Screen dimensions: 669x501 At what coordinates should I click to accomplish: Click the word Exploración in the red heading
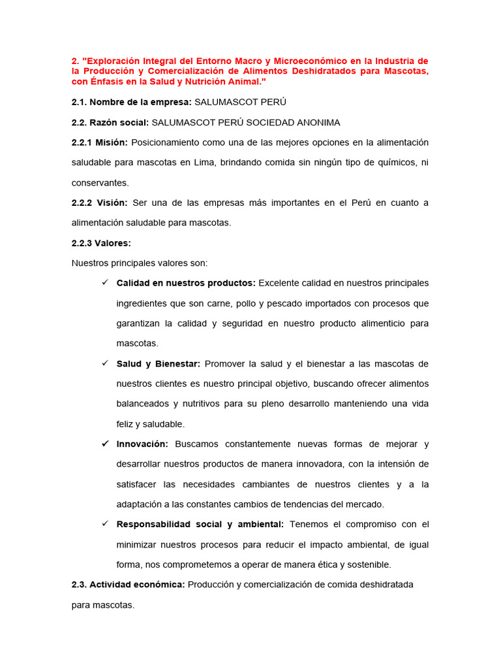(113, 61)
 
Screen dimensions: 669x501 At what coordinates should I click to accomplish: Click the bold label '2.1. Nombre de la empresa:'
(132, 102)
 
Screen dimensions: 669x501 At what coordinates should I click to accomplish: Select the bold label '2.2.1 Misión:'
(100, 142)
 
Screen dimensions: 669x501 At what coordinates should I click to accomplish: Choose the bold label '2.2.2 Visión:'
(100, 203)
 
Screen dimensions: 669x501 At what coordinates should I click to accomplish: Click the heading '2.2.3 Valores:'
(101, 243)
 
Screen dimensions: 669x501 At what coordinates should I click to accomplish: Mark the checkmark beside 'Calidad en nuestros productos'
(104, 283)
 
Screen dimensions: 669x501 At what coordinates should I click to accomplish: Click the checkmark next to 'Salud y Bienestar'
(104, 363)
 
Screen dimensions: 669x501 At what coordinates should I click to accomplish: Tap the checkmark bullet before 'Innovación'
(104, 444)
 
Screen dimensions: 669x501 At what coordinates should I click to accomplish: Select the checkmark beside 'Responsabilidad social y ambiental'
(104, 524)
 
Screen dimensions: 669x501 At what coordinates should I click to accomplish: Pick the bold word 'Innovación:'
(142, 444)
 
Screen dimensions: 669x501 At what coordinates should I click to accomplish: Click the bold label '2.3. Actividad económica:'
(129, 584)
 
